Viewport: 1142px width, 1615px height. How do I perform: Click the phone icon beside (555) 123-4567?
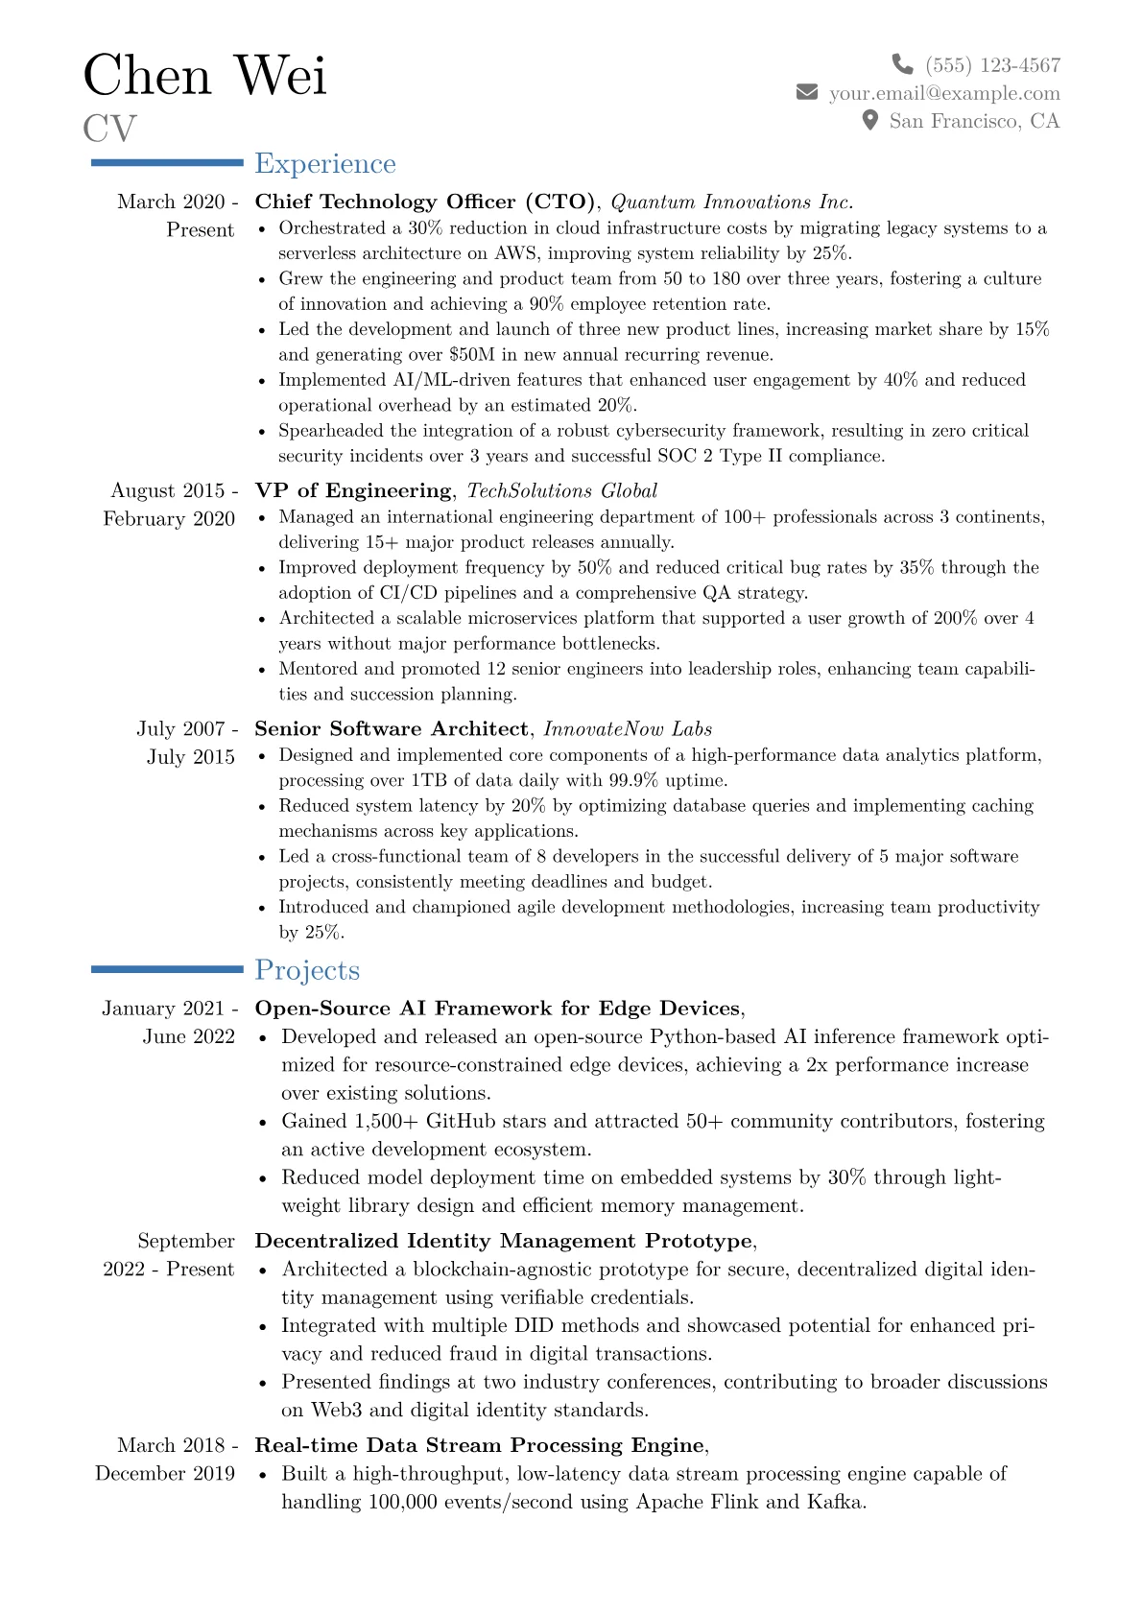902,64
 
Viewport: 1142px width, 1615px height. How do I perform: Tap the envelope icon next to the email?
807,92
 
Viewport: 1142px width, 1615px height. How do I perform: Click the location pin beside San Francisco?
869,120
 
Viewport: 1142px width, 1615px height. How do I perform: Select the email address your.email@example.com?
944,93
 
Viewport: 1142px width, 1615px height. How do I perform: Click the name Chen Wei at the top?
204,76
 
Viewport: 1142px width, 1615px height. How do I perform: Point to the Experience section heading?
324,164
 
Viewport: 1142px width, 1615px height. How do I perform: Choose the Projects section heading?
307,970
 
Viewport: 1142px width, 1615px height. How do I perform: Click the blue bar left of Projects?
167,970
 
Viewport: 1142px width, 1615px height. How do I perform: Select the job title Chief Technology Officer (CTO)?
425,202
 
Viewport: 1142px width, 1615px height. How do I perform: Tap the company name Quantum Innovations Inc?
731,202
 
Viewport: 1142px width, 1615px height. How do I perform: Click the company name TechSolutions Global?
561,490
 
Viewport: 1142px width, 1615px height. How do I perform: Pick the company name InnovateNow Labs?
628,728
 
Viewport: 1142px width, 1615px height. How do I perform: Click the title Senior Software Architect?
391,728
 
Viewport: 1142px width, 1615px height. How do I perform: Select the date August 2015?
168,490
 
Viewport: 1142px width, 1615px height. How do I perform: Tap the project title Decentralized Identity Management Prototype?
503,1241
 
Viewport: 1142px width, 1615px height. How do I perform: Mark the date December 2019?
164,1473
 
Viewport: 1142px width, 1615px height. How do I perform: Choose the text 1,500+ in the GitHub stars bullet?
387,1121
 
